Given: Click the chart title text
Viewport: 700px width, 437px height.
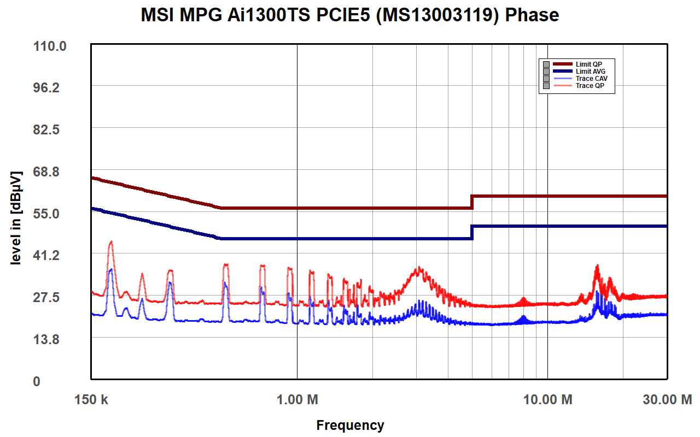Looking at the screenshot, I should (350, 15).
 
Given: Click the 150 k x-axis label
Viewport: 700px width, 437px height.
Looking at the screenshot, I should (91, 400).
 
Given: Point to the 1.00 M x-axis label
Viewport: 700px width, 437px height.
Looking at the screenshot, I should (297, 400).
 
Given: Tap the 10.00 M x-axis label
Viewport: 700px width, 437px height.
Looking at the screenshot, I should (547, 400).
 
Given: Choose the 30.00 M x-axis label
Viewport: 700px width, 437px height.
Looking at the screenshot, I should (667, 400).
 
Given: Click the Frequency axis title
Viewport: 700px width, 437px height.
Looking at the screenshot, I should (350, 426).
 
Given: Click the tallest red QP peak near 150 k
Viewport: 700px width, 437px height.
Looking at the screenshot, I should (111, 242).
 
